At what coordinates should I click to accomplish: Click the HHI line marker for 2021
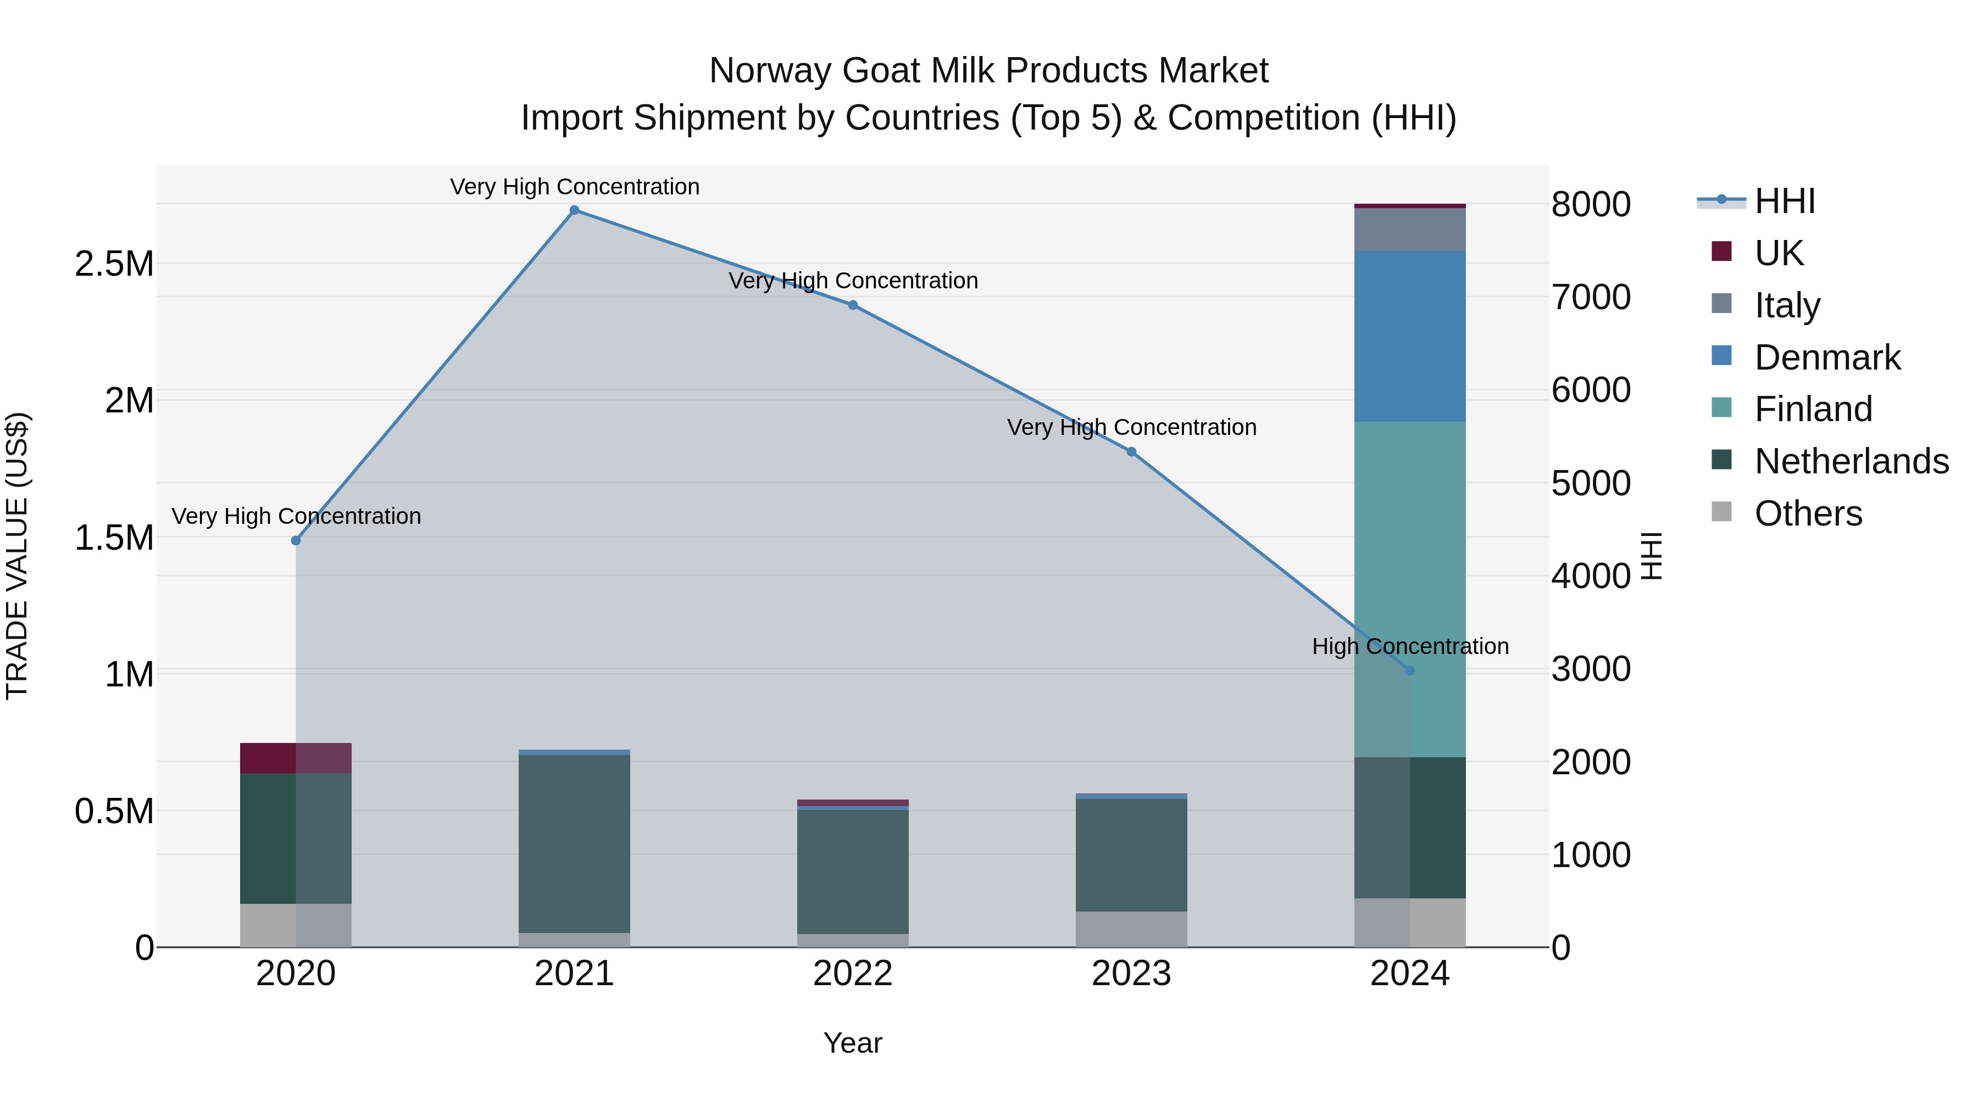click(574, 210)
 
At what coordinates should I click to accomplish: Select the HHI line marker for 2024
click(1410, 670)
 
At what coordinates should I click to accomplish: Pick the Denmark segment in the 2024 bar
click(1410, 336)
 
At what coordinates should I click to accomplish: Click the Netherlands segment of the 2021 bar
click(574, 844)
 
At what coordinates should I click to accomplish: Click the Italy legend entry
click(1787, 305)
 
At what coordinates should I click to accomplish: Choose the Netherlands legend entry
click(1851, 461)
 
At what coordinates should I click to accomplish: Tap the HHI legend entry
click(1783, 201)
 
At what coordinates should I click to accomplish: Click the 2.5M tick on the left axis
click(114, 264)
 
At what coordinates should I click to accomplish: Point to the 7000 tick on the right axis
click(1591, 297)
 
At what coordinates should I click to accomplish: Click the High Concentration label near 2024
click(1410, 646)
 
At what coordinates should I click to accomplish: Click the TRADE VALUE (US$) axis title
click(17, 556)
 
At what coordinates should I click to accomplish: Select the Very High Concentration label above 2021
click(574, 187)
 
